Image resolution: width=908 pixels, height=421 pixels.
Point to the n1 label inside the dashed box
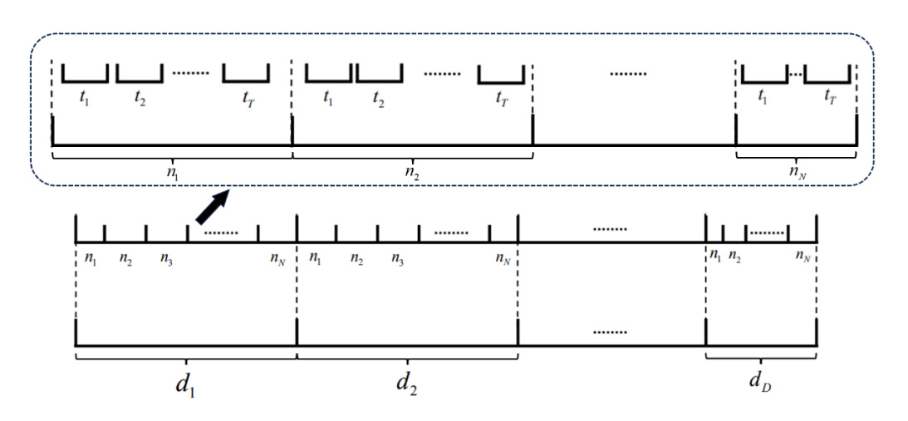click(172, 173)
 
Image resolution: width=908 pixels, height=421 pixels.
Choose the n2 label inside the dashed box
click(412, 173)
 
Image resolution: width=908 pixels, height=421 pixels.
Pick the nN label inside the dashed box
click(797, 173)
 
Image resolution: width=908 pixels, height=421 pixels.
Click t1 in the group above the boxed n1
click(85, 97)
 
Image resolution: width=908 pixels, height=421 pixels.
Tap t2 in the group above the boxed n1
click(140, 97)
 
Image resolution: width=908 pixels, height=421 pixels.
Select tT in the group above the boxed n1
click(247, 98)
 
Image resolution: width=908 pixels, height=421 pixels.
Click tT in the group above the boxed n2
click(501, 98)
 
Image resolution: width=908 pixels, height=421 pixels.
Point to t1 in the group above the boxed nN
click(763, 97)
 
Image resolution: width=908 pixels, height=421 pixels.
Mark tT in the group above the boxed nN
click(829, 98)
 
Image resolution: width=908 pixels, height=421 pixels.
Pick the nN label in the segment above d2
click(502, 258)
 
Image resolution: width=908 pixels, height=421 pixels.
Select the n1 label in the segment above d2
click(315, 257)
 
